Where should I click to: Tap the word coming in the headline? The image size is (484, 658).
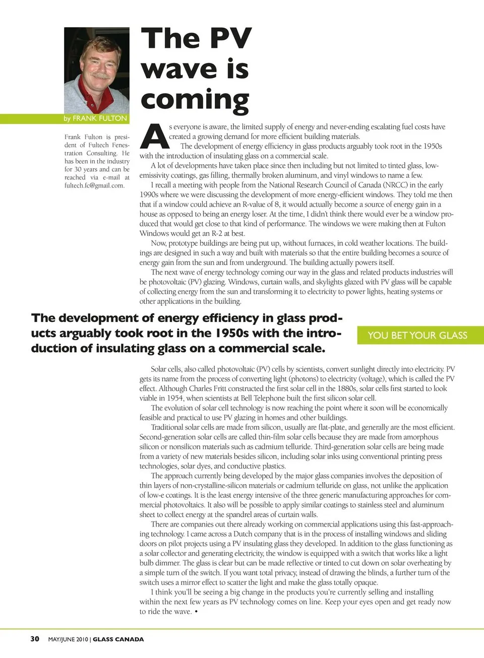(x=195, y=100)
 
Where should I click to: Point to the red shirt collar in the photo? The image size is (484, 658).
(x=87, y=96)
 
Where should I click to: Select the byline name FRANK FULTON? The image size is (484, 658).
(x=99, y=118)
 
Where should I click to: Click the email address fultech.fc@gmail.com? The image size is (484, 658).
(x=94, y=185)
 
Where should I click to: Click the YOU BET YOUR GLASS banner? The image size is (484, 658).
(x=417, y=336)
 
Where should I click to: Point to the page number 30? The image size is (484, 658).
(x=35, y=639)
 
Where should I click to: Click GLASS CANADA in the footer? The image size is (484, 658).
(x=118, y=639)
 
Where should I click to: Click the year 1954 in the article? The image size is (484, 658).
(x=174, y=398)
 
